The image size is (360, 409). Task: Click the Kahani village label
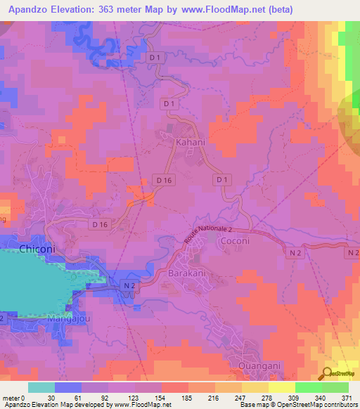189,141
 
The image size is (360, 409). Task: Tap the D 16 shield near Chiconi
99,224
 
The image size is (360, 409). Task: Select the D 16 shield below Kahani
164,181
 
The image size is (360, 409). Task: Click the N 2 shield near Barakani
128,285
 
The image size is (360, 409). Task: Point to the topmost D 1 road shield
155,56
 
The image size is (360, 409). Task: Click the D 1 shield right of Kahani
222,181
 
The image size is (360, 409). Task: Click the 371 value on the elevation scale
348,397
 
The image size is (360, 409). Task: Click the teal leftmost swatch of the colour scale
41,387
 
